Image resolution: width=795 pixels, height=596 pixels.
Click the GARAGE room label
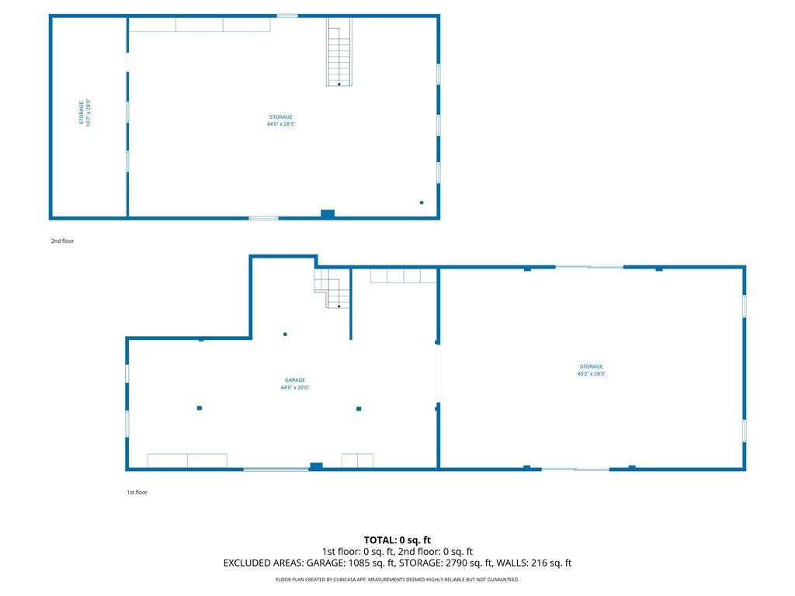[x=294, y=380]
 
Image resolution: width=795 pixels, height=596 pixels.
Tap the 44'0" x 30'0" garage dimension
[x=294, y=388]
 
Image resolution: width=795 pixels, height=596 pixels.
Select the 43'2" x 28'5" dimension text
[x=591, y=374]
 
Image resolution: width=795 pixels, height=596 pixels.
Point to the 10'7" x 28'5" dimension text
[x=89, y=113]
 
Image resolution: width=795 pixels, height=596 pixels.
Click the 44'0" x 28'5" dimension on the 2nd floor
[x=281, y=124]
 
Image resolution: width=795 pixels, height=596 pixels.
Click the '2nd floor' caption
[x=62, y=241]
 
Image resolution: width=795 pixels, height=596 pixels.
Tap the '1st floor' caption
[x=137, y=492]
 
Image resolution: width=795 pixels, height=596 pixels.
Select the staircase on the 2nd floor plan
[x=338, y=52]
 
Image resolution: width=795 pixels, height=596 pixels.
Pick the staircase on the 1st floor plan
[x=332, y=289]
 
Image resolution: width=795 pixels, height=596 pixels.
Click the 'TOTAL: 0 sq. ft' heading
[x=397, y=540]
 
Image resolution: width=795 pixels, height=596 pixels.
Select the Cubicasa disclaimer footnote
[x=397, y=580]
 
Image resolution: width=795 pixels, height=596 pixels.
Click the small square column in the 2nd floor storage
[x=422, y=203]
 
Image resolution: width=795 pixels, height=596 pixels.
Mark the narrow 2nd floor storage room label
[x=81, y=113]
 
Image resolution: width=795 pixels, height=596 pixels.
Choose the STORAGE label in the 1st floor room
[x=591, y=366]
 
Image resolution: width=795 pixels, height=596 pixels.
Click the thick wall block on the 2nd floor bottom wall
[x=328, y=214]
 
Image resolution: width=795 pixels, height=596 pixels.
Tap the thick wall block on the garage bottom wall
[x=316, y=466]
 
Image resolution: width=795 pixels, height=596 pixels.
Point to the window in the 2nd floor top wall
[x=287, y=16]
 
